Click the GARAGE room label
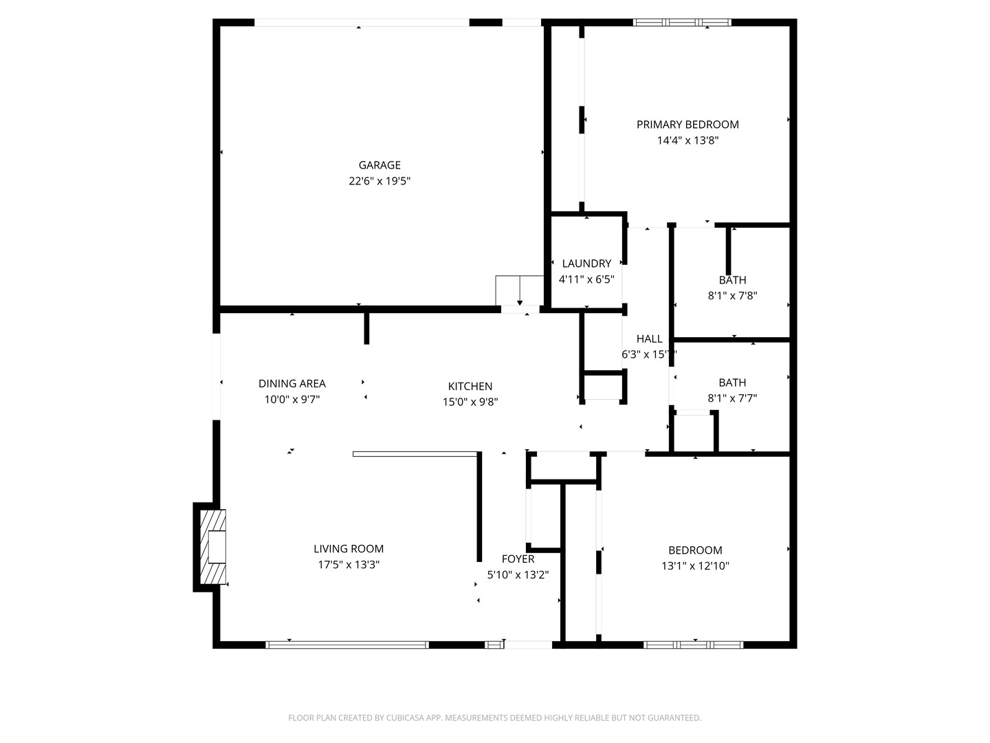click(x=379, y=165)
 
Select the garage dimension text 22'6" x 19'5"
click(x=379, y=182)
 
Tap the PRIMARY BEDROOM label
click(x=687, y=125)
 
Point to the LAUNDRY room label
click(x=586, y=263)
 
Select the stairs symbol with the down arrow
click(x=520, y=291)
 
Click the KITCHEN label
click(x=470, y=387)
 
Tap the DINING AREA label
click(x=292, y=384)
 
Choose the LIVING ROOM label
click(x=349, y=549)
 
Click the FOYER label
click(x=518, y=559)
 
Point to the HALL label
click(x=649, y=338)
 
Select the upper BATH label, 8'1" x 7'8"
click(x=733, y=280)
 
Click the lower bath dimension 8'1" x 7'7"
click(x=732, y=398)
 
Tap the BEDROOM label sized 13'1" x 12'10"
click(x=695, y=550)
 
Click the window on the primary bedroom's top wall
click(x=682, y=23)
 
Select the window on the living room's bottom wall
click(x=347, y=645)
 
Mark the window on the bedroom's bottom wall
click(x=693, y=645)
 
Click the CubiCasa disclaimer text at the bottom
click(x=494, y=718)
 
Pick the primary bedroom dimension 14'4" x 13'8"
click(x=687, y=141)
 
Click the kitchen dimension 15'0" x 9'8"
click(x=470, y=402)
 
